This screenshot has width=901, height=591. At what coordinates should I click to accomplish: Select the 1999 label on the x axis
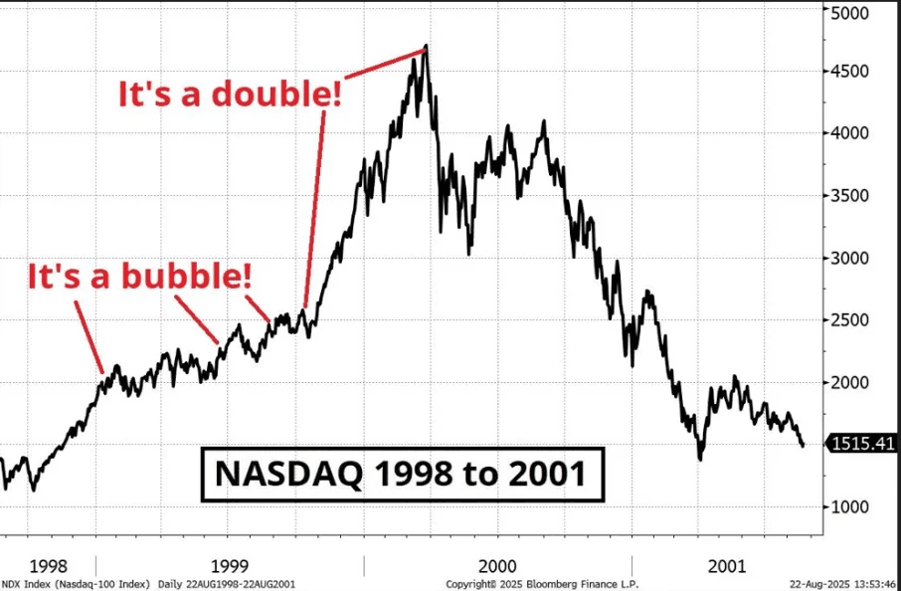230,564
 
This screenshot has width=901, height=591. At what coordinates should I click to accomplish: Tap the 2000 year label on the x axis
497,564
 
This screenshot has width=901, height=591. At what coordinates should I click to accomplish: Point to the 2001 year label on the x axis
727,564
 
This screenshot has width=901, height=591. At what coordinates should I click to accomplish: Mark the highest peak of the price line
426,46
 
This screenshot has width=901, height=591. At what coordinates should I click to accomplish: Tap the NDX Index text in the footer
22,584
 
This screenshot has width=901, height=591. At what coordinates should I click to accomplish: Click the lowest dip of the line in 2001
700,459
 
